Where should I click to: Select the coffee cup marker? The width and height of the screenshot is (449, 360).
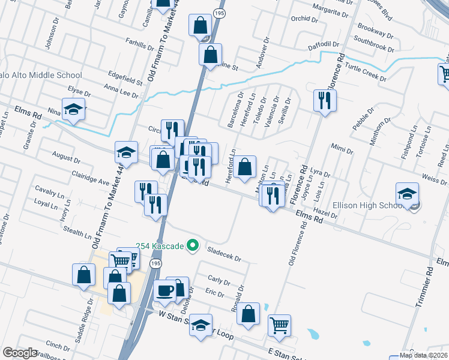[x=164, y=291]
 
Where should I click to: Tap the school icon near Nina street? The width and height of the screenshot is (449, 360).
[x=73, y=109]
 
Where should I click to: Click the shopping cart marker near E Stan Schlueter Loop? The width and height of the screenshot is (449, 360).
[x=279, y=326]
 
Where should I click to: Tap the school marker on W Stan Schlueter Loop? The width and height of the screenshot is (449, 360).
[x=202, y=326]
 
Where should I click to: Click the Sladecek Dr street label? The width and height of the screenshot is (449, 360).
[x=223, y=254]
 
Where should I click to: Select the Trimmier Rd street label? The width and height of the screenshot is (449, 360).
[x=425, y=288]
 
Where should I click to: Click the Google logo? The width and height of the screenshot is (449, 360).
[x=20, y=352]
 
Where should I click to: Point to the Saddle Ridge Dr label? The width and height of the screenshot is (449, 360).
[x=83, y=321]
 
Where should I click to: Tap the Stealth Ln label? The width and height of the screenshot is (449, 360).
[x=62, y=226]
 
